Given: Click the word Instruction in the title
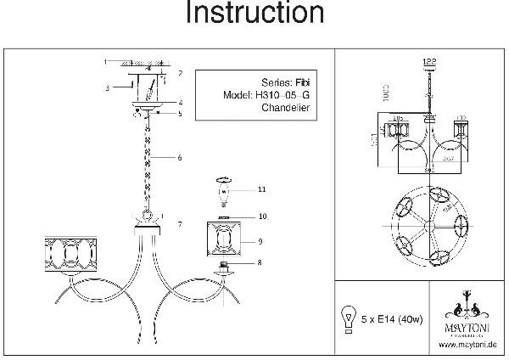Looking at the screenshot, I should (x=254, y=14).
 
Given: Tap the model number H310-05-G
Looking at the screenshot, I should (x=283, y=96).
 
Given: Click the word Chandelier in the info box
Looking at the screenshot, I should (x=282, y=109).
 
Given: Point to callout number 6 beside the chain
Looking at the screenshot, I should (x=180, y=158).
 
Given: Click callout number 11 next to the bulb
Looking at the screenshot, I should (x=263, y=188).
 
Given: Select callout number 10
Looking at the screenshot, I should (x=263, y=217).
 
